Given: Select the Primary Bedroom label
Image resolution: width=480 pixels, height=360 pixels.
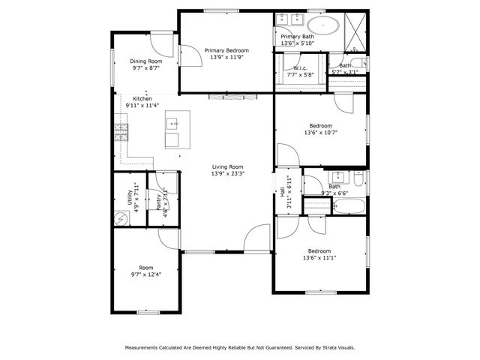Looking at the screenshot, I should (226, 51).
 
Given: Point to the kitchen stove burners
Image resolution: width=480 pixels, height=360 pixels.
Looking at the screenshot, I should (121, 133).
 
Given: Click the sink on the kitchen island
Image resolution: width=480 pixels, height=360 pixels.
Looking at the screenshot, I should (174, 124).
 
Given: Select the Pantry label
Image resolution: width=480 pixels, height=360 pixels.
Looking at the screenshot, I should (158, 200).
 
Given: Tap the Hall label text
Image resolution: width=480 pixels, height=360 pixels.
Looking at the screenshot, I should (283, 193).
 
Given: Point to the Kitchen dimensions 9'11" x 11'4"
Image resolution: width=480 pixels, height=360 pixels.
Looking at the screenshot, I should (142, 106).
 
